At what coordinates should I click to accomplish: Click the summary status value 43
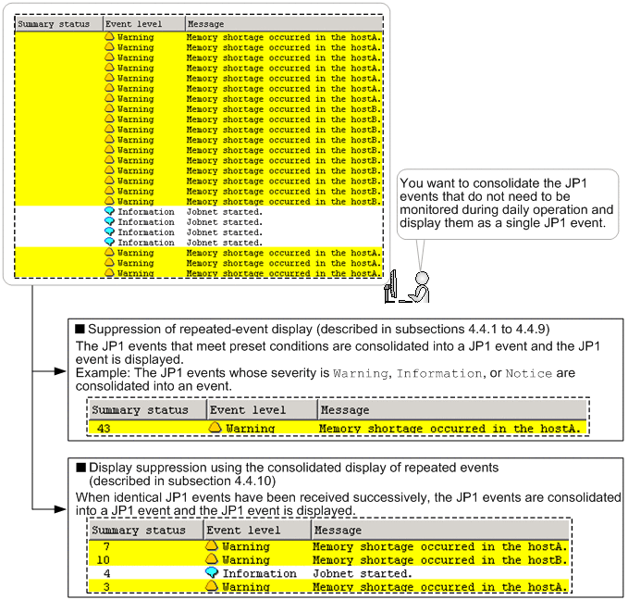click(104, 429)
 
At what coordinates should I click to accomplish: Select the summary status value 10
click(103, 560)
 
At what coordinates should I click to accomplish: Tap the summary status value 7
click(106, 546)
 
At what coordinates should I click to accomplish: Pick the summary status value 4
click(106, 573)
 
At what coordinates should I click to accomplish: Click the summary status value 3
click(106, 587)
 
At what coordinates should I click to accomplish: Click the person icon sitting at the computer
click(419, 287)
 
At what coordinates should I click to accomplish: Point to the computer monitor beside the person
click(390, 286)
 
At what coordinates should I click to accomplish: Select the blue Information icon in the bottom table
click(212, 573)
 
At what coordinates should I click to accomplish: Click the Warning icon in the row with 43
click(215, 428)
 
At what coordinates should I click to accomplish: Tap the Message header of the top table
click(206, 24)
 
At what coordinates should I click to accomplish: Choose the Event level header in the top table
click(134, 24)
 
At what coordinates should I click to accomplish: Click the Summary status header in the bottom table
click(139, 530)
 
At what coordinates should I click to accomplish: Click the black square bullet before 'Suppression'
click(80, 329)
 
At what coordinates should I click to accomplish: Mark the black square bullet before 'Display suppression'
click(80, 468)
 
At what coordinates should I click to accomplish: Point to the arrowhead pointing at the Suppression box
click(60, 371)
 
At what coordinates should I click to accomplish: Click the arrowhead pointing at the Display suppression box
click(60, 509)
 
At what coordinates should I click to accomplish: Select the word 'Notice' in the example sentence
click(529, 373)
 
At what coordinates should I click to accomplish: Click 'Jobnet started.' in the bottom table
click(363, 573)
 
